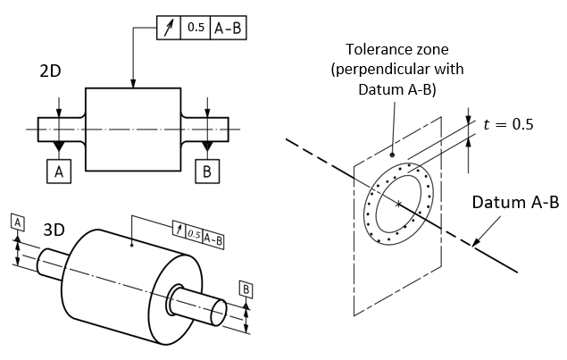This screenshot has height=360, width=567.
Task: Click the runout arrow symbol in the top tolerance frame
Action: [x=170, y=28]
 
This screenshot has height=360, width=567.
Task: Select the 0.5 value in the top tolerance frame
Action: [x=196, y=28]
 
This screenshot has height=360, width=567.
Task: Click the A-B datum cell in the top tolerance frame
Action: [x=227, y=28]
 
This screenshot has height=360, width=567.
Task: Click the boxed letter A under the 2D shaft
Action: [x=59, y=172]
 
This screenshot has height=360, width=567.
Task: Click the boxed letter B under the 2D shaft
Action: [x=207, y=172]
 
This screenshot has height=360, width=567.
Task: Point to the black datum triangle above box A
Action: [x=59, y=144]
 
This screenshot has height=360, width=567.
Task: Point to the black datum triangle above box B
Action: [x=207, y=144]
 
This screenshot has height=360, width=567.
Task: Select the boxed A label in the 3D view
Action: [x=17, y=222]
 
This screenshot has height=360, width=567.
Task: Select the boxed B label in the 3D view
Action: [x=246, y=288]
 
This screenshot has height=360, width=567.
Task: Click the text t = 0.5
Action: [x=508, y=125]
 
